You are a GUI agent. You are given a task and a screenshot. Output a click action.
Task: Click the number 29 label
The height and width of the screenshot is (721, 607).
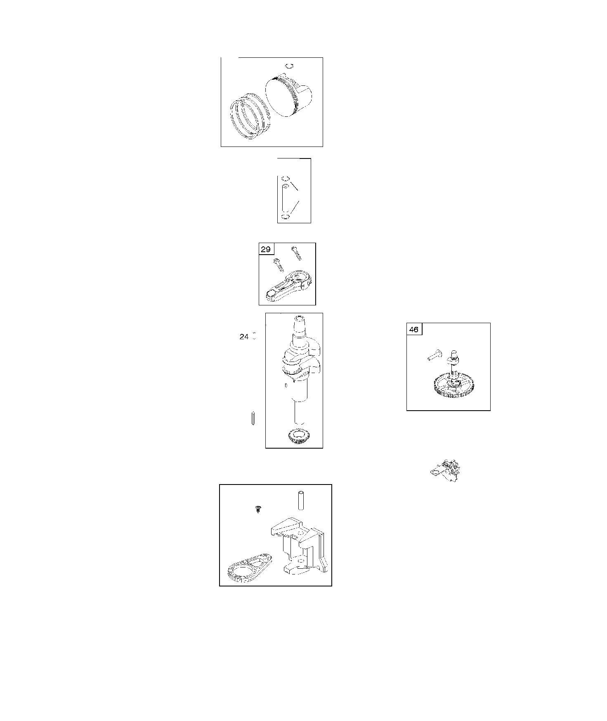pyautogui.click(x=266, y=249)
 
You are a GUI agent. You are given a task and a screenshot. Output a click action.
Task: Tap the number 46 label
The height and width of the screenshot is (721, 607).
pyautogui.click(x=414, y=330)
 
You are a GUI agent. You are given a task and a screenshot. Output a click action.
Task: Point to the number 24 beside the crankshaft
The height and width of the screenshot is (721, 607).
pyautogui.click(x=244, y=337)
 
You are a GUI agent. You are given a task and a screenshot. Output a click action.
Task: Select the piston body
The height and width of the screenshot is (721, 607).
pyautogui.click(x=288, y=95)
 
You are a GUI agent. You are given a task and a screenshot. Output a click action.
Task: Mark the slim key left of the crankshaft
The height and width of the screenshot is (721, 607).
pyautogui.click(x=253, y=418)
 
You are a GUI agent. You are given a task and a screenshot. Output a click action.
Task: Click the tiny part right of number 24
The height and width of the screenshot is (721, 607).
pyautogui.click(x=255, y=336)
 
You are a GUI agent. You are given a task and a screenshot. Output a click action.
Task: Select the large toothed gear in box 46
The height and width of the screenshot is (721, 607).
pyautogui.click(x=453, y=385)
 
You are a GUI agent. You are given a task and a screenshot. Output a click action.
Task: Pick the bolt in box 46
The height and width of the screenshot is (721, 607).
pyautogui.click(x=435, y=355)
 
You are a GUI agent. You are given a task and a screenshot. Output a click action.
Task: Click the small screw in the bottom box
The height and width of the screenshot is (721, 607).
pyautogui.click(x=258, y=508)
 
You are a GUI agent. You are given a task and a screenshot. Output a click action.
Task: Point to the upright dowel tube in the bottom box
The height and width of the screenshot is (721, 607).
pyautogui.click(x=300, y=500)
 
